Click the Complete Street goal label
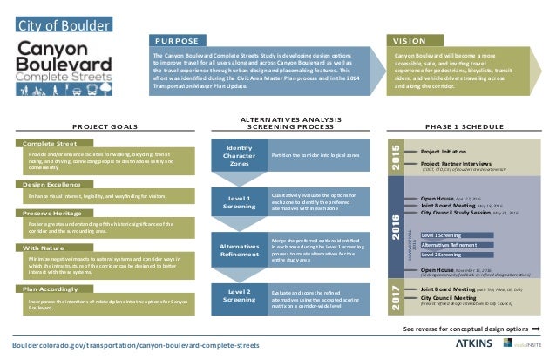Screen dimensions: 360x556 click(x=51, y=142)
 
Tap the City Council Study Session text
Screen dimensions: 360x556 click(x=457, y=211)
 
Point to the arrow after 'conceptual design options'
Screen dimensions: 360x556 click(x=536, y=329)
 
